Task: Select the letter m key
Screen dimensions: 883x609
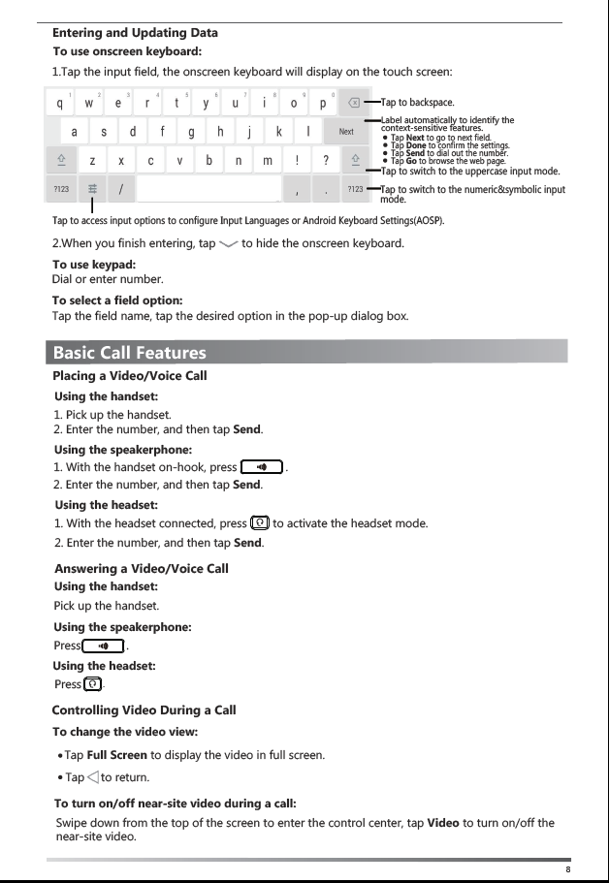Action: click(x=268, y=160)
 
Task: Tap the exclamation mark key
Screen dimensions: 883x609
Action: click(x=297, y=160)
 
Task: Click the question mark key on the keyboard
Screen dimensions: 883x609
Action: click(x=326, y=160)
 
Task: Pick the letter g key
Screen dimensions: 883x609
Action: click(x=191, y=132)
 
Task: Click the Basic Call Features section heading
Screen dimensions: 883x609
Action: click(x=130, y=352)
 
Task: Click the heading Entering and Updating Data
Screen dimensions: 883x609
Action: click(x=135, y=33)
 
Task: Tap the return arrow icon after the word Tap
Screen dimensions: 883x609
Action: click(x=92, y=776)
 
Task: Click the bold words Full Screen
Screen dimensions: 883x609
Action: click(x=116, y=754)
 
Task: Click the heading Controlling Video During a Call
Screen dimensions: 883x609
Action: click(x=144, y=710)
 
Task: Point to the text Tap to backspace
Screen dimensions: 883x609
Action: click(x=418, y=102)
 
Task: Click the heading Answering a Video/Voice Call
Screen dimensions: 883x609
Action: click(x=142, y=568)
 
